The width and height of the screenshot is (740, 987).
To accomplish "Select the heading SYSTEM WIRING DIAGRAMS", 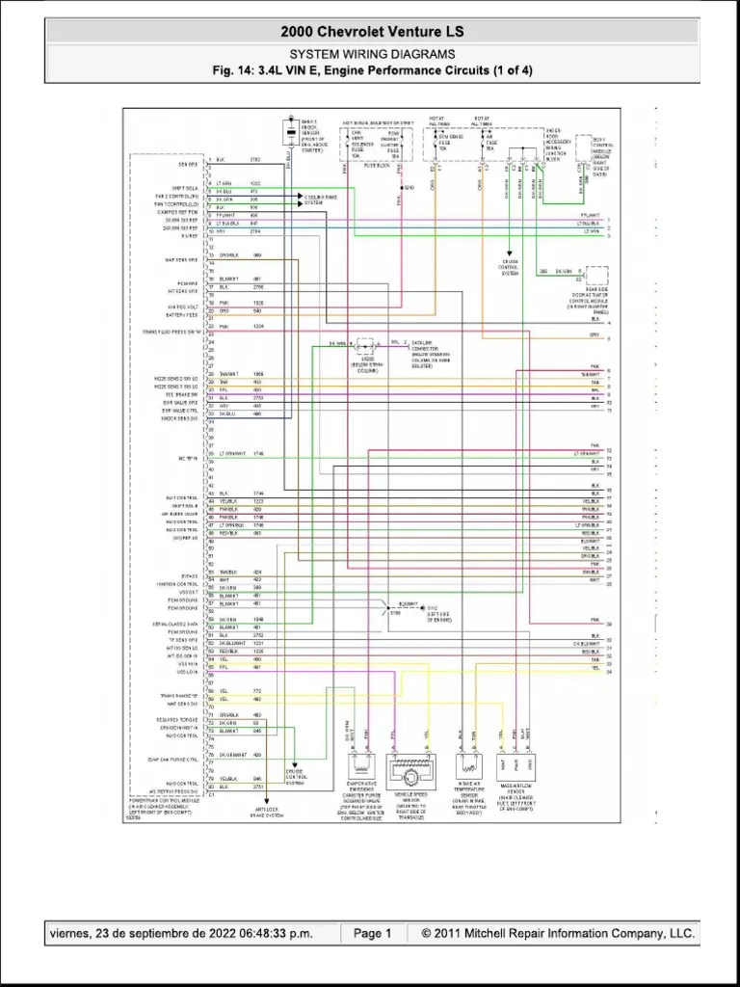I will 372,55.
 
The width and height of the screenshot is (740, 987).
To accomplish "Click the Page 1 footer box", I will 372,933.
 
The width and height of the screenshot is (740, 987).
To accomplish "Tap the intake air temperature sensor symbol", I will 469,768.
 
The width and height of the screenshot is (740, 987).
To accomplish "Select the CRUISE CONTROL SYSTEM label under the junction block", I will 510,267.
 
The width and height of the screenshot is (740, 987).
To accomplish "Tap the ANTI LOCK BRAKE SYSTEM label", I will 267,813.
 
